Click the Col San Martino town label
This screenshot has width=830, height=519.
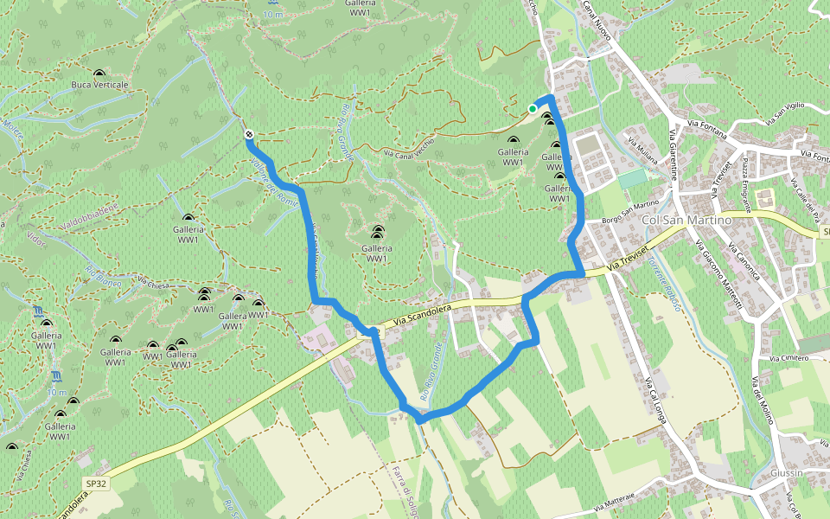[x=687, y=220]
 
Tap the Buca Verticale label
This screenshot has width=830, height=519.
[x=100, y=85]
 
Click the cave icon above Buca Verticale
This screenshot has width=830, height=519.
[x=100, y=74]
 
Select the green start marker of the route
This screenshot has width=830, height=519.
[x=532, y=108]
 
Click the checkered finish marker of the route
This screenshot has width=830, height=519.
[x=249, y=134]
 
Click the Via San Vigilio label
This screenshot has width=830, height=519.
[x=782, y=110]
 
